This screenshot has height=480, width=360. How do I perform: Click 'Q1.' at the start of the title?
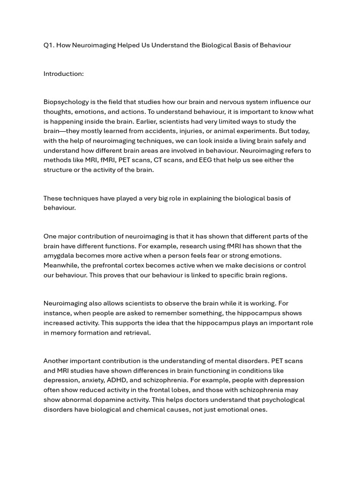49,45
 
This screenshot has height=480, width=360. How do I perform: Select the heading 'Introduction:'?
64,74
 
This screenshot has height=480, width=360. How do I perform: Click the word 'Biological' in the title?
217,45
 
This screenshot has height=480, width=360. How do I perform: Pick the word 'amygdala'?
59,256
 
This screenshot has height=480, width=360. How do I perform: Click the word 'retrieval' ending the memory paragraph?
135,333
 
